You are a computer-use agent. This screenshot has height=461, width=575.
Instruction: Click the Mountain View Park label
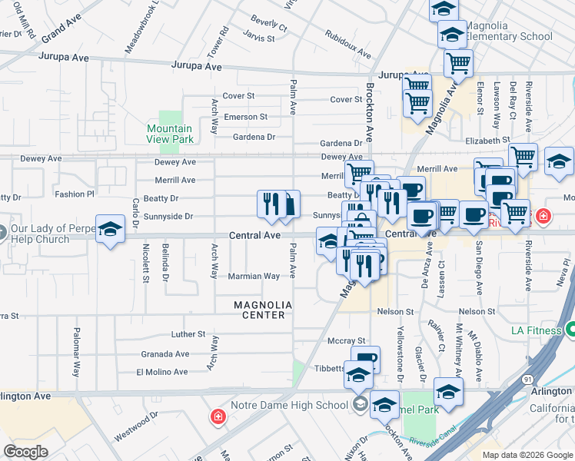pos(170,134)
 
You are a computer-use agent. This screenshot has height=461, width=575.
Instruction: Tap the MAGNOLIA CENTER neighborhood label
pos(263,310)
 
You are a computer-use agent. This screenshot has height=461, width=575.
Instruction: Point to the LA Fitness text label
pos(537,331)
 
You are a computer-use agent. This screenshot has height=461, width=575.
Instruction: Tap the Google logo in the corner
pos(25,451)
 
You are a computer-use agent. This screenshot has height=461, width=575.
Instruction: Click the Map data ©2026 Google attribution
pos(527,455)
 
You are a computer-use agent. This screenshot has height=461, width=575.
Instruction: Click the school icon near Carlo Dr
pos(111,228)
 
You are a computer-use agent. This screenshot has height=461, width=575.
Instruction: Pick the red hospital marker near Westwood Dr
pos(218,417)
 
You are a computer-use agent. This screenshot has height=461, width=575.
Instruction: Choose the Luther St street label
pos(188,335)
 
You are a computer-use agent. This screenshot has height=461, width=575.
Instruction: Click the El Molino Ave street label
pos(161,372)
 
